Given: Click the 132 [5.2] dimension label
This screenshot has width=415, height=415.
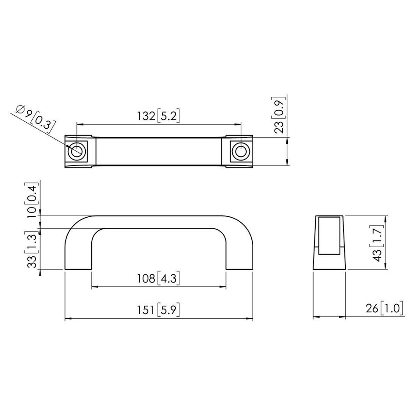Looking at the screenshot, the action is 158,116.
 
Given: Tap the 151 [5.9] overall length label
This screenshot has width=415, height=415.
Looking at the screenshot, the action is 158,310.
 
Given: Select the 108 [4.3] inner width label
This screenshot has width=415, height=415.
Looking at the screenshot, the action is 158,279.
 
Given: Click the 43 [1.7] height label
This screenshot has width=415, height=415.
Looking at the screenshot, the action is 377,243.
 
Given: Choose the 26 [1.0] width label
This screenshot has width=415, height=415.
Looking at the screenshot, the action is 384,308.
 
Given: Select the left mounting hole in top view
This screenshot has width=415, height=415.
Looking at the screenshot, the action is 77,151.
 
